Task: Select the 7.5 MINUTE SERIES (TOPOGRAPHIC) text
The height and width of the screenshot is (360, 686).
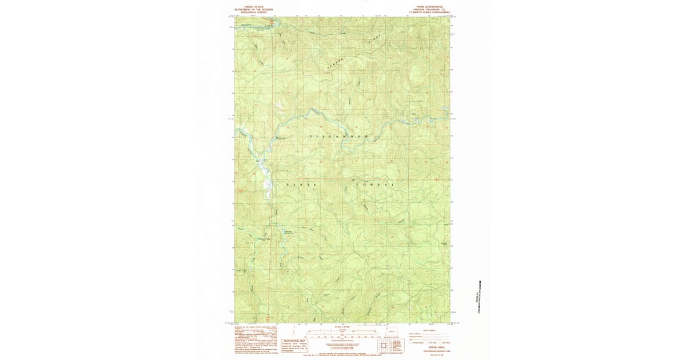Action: [x=428, y=13]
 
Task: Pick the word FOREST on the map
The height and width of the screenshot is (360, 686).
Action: [x=375, y=185]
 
